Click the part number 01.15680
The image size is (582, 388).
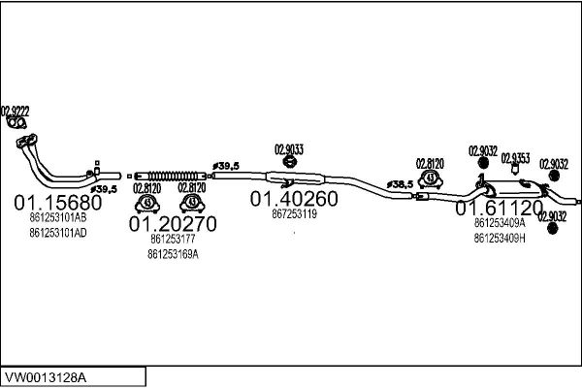coord(58,203)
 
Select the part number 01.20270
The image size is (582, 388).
coord(173,224)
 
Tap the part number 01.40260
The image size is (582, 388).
coord(294,199)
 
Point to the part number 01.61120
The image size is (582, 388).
coord(500,208)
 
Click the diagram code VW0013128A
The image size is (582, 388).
coord(46,377)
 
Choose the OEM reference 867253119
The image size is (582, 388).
coord(294,213)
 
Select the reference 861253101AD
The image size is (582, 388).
coord(58,233)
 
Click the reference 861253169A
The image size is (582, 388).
coord(173,254)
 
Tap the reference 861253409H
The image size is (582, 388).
coord(500,238)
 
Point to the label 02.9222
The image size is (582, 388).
coord(16,111)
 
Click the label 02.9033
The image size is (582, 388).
coord(289,149)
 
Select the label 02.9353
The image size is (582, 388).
coord(515,158)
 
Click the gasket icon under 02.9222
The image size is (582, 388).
coord(17,123)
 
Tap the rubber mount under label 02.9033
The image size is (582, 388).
coord(289,161)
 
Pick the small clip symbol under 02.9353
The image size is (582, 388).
coord(515,170)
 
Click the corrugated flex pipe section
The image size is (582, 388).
coord(171,176)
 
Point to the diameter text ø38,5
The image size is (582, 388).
coord(400,184)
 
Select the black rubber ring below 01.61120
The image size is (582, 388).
coord(553,228)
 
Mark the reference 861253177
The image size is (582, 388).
coord(173,239)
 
